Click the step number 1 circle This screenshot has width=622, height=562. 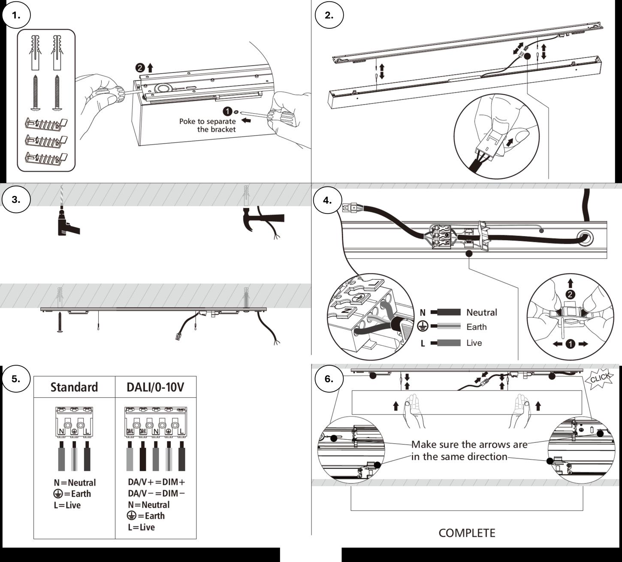16,15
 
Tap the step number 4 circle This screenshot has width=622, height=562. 328,200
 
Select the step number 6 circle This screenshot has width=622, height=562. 329,379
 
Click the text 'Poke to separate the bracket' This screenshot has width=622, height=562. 208,125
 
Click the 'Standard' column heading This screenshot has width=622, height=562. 74,387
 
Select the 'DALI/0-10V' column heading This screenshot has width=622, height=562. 155,387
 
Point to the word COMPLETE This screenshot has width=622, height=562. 467,533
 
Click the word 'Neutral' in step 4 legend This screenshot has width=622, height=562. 482,313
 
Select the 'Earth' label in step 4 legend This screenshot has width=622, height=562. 477,327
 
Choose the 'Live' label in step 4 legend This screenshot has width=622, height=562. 474,343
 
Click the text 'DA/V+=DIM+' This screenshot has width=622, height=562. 157,482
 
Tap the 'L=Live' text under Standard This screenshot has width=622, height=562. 67,505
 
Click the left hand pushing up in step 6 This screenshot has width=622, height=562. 413,410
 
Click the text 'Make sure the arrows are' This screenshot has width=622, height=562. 469,445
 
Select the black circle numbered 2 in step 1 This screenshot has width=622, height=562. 140,68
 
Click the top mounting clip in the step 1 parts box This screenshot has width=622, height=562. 46,124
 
